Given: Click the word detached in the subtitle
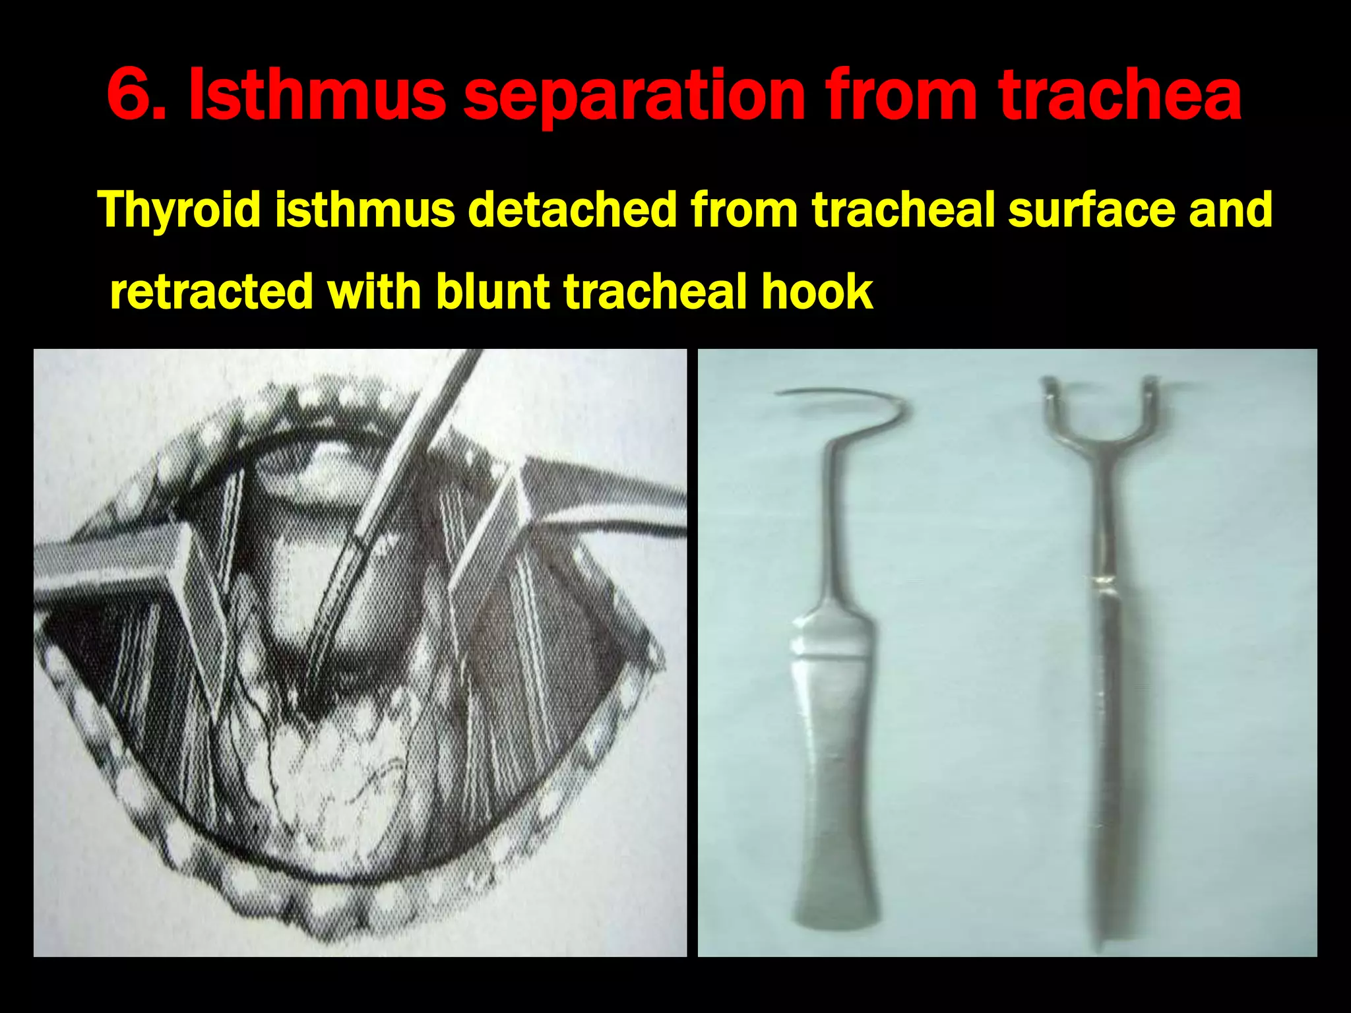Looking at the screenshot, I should [572, 210].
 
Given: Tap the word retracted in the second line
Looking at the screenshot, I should [211, 292].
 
